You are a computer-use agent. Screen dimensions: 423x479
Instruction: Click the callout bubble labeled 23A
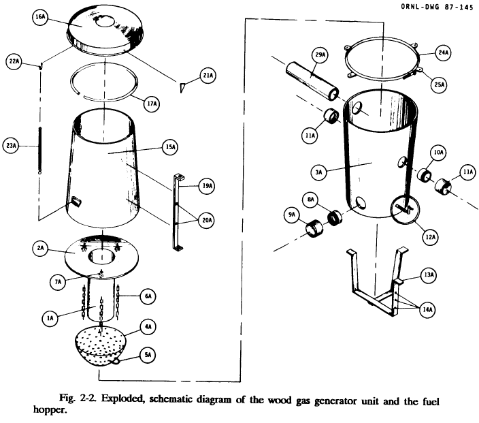click(x=12, y=145)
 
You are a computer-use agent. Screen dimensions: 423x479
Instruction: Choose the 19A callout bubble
click(x=207, y=185)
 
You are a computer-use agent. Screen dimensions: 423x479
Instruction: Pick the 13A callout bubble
click(x=429, y=275)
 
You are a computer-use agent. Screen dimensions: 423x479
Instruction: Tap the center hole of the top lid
click(x=105, y=22)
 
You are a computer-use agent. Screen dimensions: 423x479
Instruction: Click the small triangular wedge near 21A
click(x=182, y=87)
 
